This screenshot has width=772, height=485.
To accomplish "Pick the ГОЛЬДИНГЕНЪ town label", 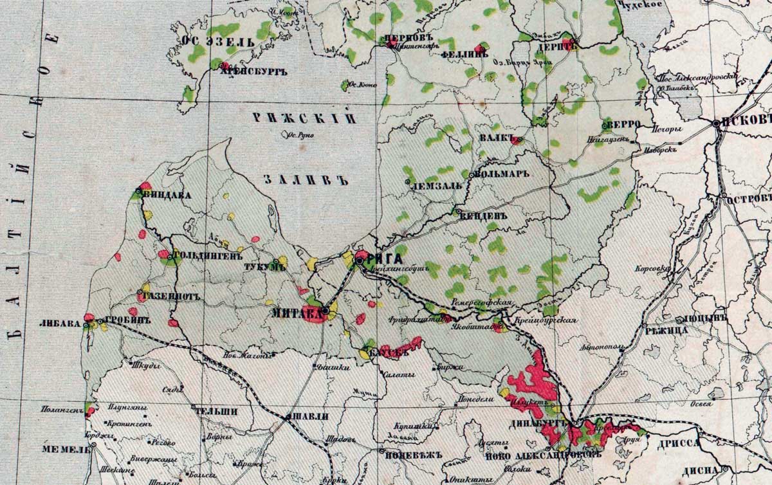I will click(x=201, y=255).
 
